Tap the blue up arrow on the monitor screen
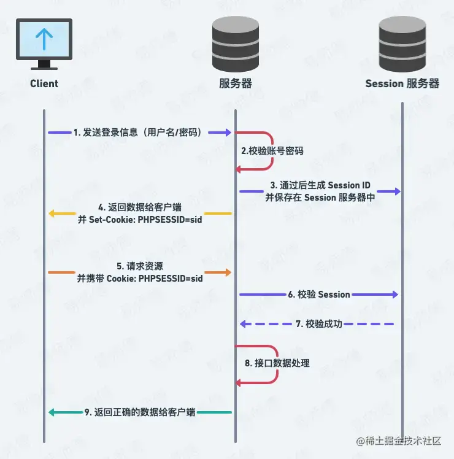click(x=44, y=38)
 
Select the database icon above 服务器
click(x=236, y=42)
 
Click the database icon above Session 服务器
click(x=402, y=42)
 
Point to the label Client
click(x=44, y=83)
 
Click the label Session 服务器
click(x=402, y=83)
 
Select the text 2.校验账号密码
click(x=272, y=150)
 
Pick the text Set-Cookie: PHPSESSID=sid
click(x=140, y=220)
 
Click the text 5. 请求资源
click(x=140, y=266)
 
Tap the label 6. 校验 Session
click(x=319, y=295)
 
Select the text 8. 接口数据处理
click(x=277, y=363)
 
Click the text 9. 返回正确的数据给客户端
click(x=140, y=412)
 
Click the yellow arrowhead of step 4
click(x=52, y=214)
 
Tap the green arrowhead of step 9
click(x=52, y=412)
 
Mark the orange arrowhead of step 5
click(x=228, y=272)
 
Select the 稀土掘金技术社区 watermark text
click(x=402, y=441)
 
